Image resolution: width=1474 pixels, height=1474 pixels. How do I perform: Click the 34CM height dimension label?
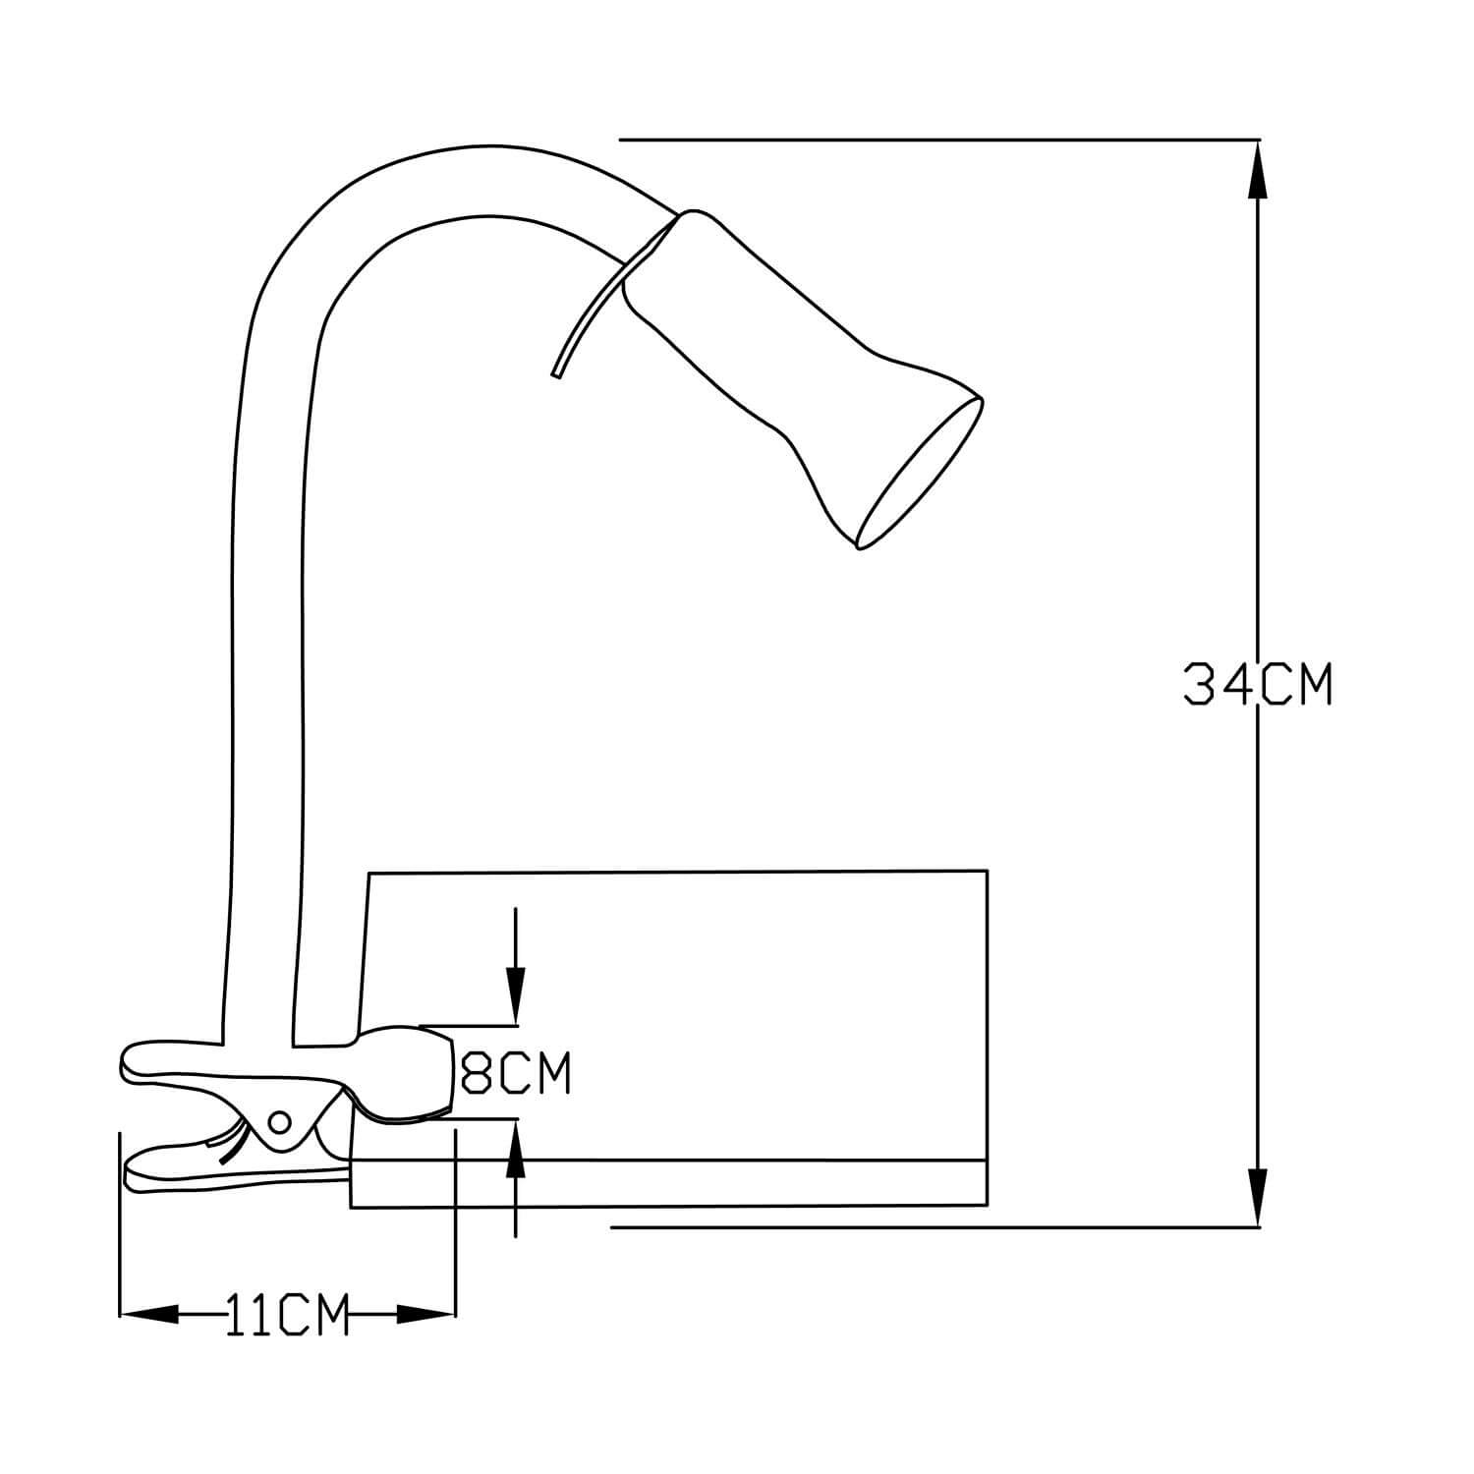click(1258, 685)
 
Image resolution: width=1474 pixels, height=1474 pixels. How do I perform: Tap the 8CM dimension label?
click(515, 1074)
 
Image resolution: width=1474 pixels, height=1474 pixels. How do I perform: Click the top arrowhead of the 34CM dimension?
click(1258, 171)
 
